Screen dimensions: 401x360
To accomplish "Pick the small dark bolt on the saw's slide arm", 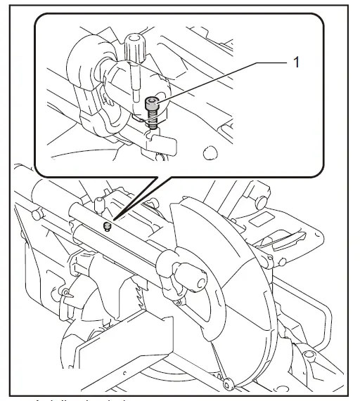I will (107, 226).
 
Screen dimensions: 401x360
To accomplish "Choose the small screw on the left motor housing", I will (65, 291).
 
